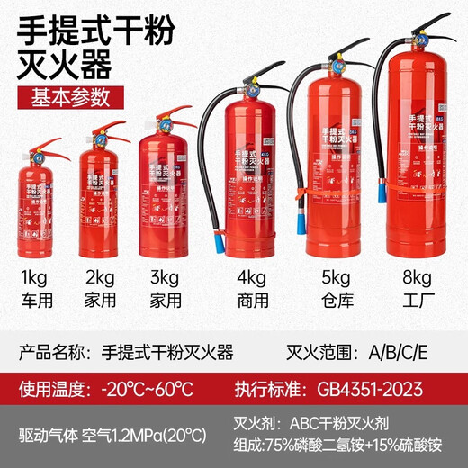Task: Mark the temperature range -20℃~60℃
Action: click(x=147, y=391)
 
